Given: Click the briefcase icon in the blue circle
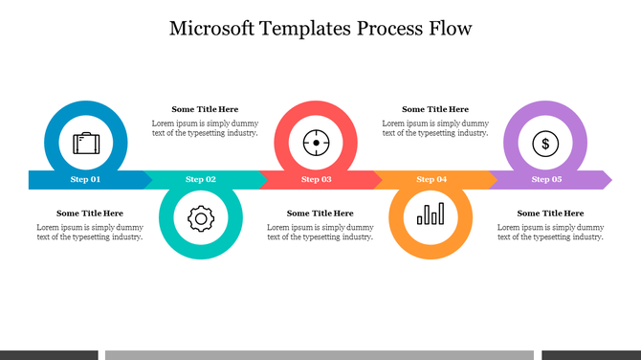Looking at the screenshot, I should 86,144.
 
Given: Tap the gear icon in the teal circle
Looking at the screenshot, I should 199,218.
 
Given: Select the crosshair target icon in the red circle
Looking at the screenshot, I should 316,144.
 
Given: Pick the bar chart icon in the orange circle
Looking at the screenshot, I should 431,214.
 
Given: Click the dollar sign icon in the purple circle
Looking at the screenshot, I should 545,145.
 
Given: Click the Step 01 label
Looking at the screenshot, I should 85,179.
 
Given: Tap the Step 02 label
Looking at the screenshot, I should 201,179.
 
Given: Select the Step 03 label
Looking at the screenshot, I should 317,179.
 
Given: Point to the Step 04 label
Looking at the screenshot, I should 431,179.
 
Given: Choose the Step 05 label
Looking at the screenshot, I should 546,179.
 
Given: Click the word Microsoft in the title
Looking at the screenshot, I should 211,28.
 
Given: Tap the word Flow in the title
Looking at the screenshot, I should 449,28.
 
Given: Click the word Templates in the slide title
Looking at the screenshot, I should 305,28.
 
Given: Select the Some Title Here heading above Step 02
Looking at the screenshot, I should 205,109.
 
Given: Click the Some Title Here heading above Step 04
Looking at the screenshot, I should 435,109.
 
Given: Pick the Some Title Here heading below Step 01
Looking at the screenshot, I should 90,213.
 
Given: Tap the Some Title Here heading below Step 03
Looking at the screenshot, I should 320,213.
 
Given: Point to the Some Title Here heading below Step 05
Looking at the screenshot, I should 550,213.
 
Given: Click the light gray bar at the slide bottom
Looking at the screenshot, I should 319,355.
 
